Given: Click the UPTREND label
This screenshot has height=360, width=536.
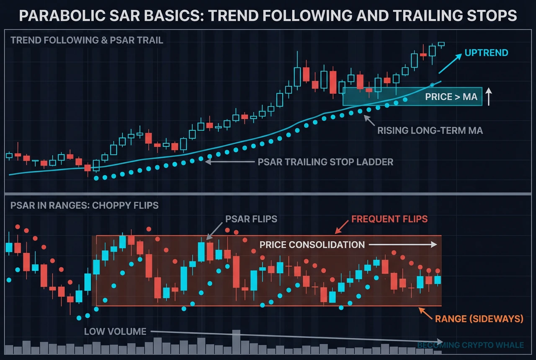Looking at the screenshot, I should coord(486,53).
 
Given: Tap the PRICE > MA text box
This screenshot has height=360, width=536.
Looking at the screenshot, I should coord(451,97).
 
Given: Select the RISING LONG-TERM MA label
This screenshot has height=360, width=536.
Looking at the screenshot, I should coord(430,131).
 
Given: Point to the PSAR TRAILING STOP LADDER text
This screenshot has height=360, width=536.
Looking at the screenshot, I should coord(326,162).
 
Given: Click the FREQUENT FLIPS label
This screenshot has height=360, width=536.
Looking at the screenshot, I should coord(389,219).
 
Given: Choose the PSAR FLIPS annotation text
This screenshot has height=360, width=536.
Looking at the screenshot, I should coord(251,219).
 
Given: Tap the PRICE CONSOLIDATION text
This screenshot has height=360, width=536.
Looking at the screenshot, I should coord(312,245).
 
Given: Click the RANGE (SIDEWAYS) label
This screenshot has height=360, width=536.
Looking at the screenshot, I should coord(479,319).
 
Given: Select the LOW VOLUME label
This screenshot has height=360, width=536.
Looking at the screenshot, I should coord(115,332).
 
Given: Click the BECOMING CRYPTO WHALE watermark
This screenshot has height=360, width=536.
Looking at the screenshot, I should coord(471,345).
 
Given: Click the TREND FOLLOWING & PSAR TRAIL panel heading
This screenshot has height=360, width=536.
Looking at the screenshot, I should coord(87,41).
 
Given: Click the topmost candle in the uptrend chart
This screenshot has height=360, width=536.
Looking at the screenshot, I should coord(441,44).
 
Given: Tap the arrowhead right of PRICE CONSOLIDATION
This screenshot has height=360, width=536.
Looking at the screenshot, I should coord(435,245).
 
